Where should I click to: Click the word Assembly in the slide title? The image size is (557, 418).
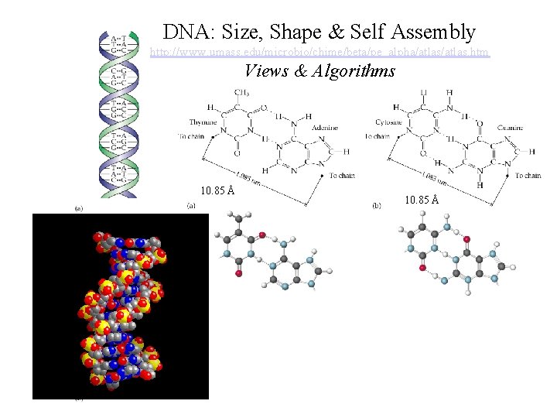pos(434,32)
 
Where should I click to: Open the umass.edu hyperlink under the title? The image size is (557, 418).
pos(320,53)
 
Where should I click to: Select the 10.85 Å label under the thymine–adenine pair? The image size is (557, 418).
pos(217,190)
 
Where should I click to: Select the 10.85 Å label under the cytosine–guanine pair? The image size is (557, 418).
pos(421,200)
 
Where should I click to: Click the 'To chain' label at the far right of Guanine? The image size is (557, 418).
pos(528,176)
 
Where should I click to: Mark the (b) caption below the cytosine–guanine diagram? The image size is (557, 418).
pos(376,206)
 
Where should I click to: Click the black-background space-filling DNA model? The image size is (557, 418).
pos(120,306)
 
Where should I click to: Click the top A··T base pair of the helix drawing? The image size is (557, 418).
pos(119,37)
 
